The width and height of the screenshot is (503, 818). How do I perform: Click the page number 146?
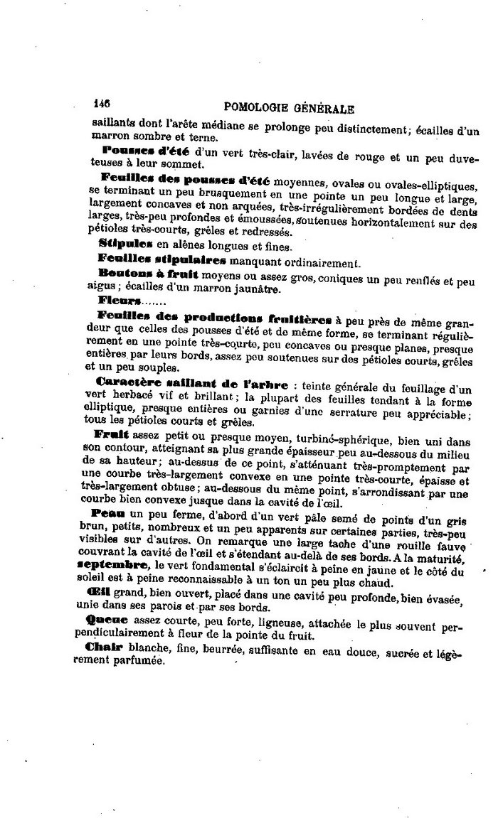point(102,102)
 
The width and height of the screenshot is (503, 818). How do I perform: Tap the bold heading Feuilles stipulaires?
point(147,259)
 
